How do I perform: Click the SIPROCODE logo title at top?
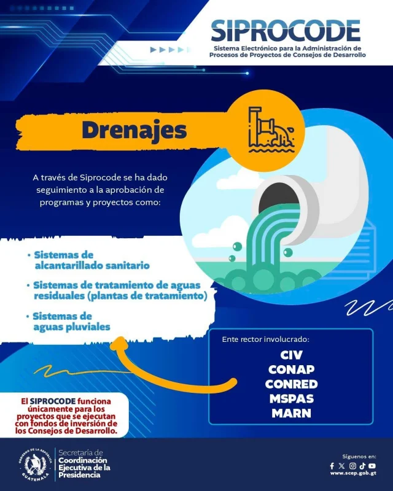286,29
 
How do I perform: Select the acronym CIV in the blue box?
292,355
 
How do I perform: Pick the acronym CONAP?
292,369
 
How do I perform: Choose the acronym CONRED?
292,384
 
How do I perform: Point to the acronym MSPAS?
292,399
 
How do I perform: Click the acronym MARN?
292,413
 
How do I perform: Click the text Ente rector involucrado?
266,339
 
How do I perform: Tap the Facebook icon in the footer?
332,466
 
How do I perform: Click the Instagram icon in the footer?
352,466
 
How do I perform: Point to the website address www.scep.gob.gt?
353,474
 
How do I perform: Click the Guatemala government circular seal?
35,464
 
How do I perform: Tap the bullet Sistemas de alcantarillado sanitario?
92,260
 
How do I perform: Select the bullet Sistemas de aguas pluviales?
71,322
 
